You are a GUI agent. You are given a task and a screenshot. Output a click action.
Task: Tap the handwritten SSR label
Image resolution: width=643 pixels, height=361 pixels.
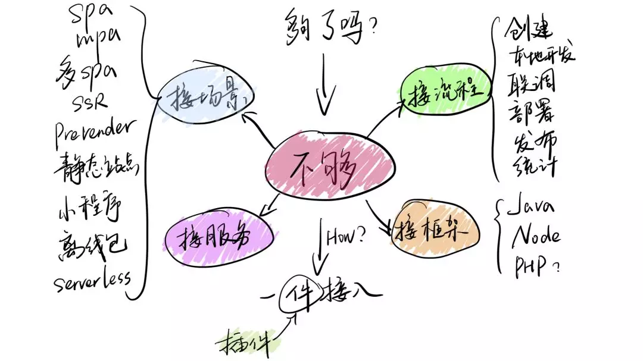click(89, 102)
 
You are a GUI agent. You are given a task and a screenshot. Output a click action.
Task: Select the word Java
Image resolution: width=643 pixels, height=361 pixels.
click(532, 208)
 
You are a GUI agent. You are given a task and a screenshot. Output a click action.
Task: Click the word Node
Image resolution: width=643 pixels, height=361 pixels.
click(536, 236)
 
